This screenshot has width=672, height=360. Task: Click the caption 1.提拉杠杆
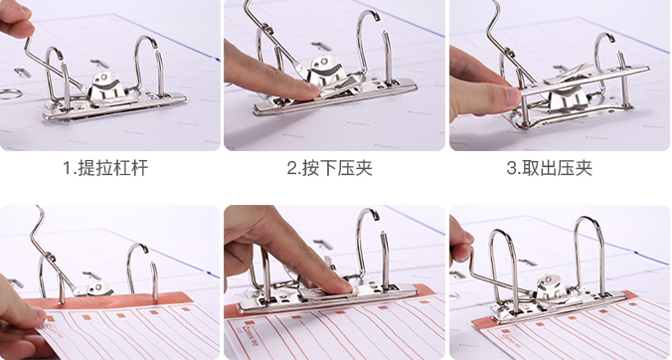click(105, 168)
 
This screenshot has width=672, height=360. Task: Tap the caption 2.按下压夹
click(330, 168)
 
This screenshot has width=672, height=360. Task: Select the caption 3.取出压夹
click(550, 168)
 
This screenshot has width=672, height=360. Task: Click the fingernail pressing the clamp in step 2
click(316, 90)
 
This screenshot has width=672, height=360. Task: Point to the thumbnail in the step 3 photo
click(513, 96)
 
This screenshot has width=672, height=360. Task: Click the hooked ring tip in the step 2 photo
click(376, 15)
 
